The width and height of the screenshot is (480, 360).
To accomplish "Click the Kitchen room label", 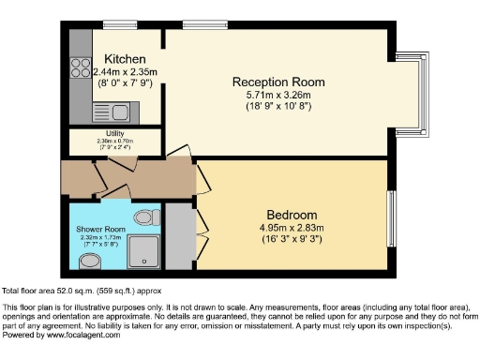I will pyautogui.click(x=125, y=58).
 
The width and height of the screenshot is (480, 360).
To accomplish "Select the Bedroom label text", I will pyautogui.click(x=292, y=214).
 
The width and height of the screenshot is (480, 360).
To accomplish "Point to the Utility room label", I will pyautogui.click(x=114, y=134).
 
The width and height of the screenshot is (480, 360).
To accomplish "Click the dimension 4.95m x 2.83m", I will pyautogui.click(x=292, y=227).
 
